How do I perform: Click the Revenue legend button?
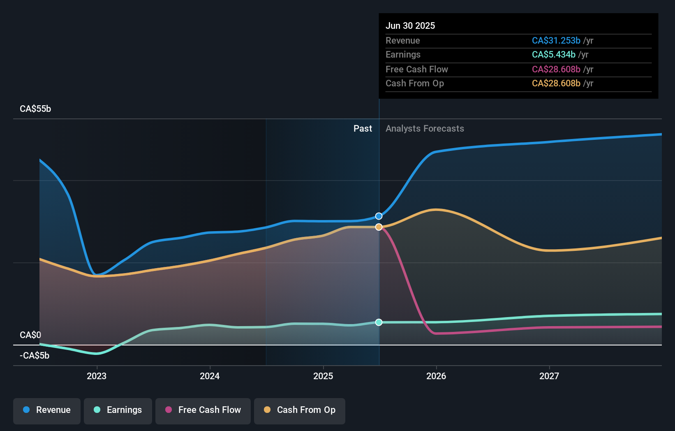click(x=47, y=410)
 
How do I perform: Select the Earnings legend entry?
click(x=118, y=410)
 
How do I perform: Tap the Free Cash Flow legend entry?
click(x=203, y=410)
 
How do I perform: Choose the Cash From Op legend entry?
click(x=300, y=410)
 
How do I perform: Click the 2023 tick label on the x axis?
click(x=97, y=376)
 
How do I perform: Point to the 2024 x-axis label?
click(x=210, y=376)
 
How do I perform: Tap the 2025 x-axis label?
click(x=323, y=376)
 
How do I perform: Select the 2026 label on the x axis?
click(x=436, y=376)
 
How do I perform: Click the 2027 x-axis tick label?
click(x=549, y=376)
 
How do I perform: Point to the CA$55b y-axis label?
click(x=35, y=109)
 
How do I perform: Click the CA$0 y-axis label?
click(x=30, y=335)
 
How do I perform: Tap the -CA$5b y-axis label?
click(x=35, y=355)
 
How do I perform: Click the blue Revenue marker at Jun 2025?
click(x=379, y=216)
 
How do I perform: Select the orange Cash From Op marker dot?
click(x=379, y=227)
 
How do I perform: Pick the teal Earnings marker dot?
click(x=379, y=322)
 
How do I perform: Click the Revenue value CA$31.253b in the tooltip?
click(x=556, y=41)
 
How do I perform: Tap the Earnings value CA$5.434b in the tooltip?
click(x=553, y=55)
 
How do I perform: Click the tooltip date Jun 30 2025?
click(x=410, y=26)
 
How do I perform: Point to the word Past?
click(x=363, y=129)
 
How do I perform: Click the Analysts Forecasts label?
click(x=425, y=129)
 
